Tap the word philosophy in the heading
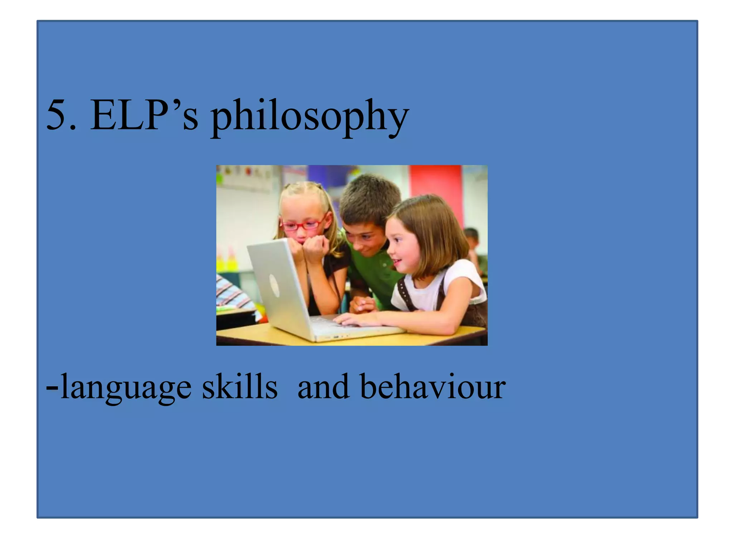pos(310,116)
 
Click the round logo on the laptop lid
pos(274,285)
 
